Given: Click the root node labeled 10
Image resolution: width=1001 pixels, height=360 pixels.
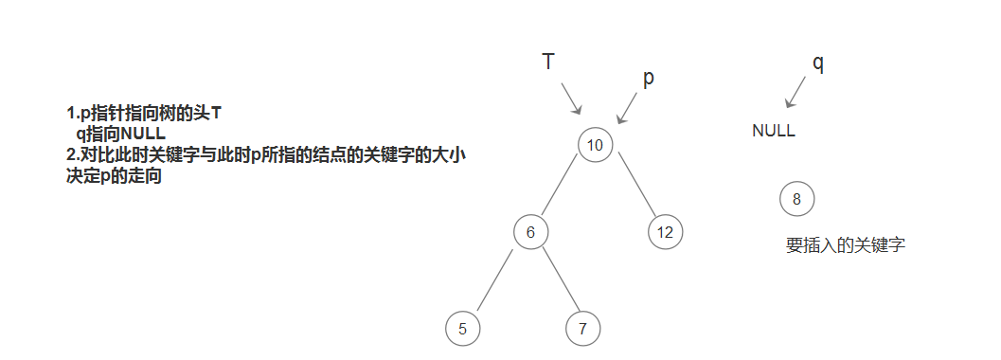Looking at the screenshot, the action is [x=595, y=145].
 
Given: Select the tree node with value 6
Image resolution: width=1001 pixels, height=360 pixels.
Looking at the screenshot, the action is [x=531, y=231].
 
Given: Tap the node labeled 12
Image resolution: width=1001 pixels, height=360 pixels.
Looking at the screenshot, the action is [x=666, y=231].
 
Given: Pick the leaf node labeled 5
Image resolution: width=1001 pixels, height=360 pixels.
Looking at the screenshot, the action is [x=462, y=329].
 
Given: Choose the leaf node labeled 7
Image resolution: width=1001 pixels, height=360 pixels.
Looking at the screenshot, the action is [x=582, y=329].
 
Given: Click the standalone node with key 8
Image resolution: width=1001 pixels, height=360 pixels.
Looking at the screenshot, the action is [x=796, y=199].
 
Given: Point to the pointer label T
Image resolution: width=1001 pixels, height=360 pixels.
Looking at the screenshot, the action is [x=548, y=63].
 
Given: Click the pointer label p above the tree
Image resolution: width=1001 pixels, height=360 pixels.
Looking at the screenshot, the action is [x=649, y=79].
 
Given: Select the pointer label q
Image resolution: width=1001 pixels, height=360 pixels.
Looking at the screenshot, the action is [x=818, y=63].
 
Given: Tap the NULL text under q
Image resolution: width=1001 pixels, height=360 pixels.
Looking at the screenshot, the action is [x=774, y=132].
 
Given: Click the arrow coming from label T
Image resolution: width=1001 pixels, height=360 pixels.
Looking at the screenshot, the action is [x=572, y=99].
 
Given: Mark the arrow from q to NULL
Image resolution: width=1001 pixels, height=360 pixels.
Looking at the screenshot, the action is [x=796, y=93].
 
